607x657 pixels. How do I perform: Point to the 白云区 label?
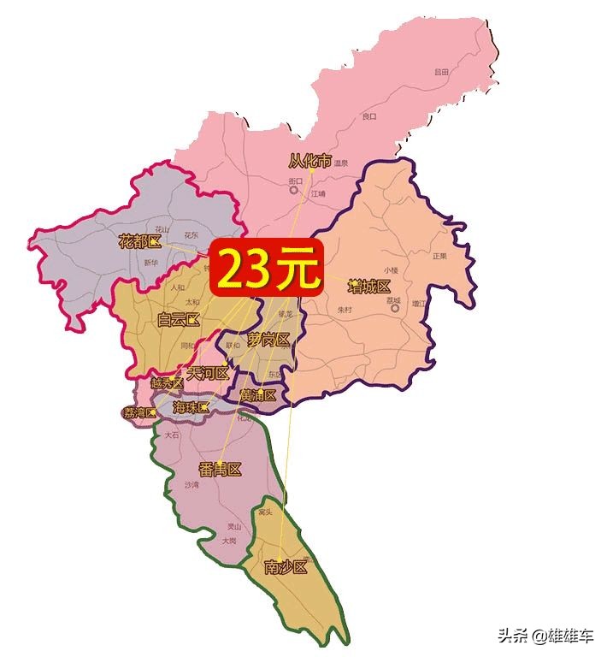(x=179, y=320)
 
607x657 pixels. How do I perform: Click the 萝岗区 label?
(x=269, y=340)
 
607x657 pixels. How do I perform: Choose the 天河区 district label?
(x=208, y=373)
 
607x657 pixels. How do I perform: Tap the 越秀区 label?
(x=166, y=384)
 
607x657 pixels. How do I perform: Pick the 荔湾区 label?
(x=140, y=413)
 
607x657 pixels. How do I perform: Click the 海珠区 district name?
(x=191, y=407)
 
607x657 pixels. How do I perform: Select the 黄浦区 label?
(x=258, y=395)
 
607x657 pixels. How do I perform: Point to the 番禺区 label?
(x=220, y=469)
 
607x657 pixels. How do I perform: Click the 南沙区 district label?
(x=285, y=566)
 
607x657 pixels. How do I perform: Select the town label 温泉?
(x=341, y=163)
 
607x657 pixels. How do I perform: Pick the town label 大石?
(x=172, y=435)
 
